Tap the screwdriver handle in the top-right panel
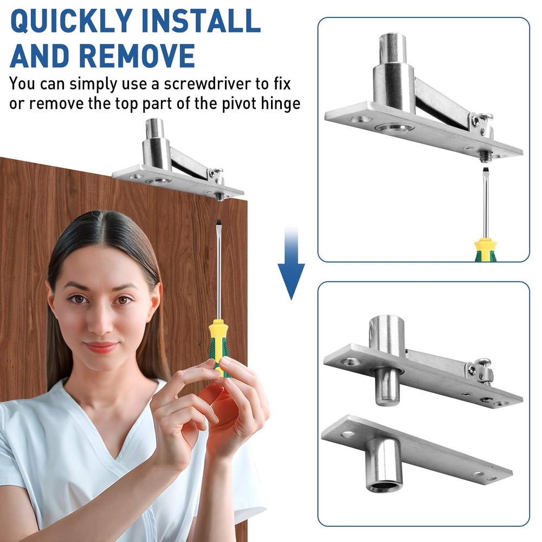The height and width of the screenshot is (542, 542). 486,250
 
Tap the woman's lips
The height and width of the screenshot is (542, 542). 101,347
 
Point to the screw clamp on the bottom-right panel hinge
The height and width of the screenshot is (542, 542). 480,371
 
